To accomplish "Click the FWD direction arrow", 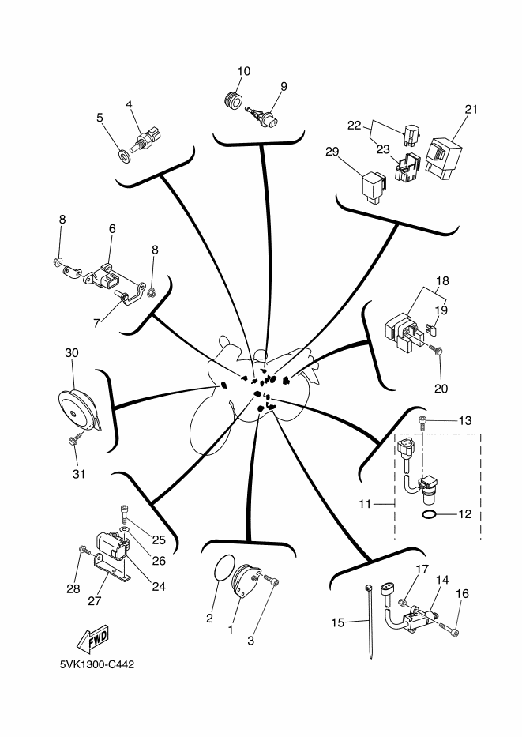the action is tap(92, 639).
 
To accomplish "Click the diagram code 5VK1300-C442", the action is tap(97, 664).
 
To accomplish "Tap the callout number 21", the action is tap(471, 109).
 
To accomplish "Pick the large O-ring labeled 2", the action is tap(224, 568).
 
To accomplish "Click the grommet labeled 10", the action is tap(232, 100).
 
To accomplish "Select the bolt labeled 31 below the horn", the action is tap(74, 439).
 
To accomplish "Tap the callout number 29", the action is tap(332, 152).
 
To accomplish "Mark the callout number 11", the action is tap(365, 504).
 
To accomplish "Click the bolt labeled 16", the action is tap(449, 627).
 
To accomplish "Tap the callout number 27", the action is tap(95, 600).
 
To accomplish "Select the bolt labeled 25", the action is tap(125, 513).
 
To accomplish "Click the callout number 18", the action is tap(442, 281).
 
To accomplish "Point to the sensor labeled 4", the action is tap(145, 140).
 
